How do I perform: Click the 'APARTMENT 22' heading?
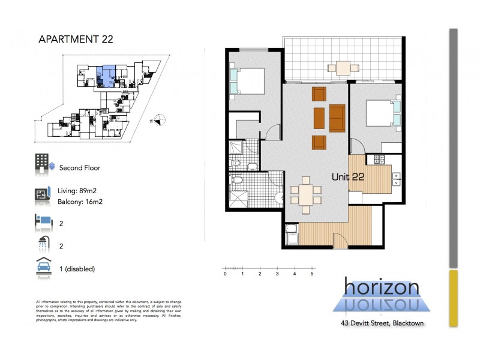click(74, 40)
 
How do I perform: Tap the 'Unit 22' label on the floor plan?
click(349, 176)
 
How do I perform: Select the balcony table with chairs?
click(343, 67)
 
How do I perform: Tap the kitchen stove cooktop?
click(379, 160)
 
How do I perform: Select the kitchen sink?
click(397, 178)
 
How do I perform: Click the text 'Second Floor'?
click(80, 168)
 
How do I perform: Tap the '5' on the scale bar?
click(312, 274)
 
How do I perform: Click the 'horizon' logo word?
click(382, 287)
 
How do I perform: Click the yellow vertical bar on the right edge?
click(454, 298)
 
